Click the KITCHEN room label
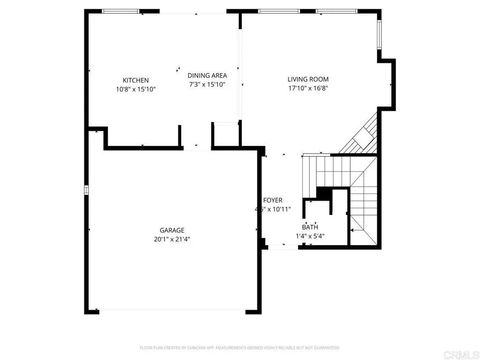[136, 80]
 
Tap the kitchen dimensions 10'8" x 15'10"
[136, 89]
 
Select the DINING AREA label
[208, 75]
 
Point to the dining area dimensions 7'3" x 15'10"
[208, 84]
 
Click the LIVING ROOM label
[309, 79]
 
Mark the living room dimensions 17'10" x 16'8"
[309, 88]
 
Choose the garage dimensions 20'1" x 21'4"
[172, 239]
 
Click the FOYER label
[272, 200]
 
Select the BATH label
[310, 227]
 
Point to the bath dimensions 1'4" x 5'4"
[312, 236]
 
